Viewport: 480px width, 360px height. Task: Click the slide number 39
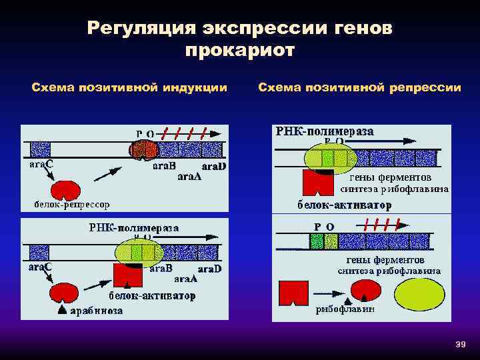point(459,344)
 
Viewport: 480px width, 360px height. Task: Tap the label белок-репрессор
point(73,203)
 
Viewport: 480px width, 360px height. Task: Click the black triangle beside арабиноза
point(61,310)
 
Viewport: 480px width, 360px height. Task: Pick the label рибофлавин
point(346,309)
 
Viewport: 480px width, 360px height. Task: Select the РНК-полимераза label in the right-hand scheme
point(325,131)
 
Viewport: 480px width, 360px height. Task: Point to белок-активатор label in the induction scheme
point(152,296)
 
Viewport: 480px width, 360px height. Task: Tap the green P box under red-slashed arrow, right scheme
point(316,239)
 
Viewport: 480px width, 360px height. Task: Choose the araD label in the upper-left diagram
point(214,165)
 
